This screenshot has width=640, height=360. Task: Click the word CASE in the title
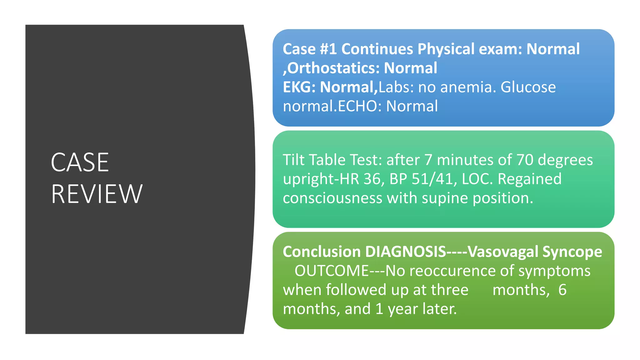tap(80, 162)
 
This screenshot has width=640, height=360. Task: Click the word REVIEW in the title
tap(97, 194)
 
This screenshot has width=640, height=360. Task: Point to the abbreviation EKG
tap(297, 87)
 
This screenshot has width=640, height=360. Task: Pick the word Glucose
tap(528, 87)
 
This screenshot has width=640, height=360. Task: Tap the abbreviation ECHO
tap(357, 106)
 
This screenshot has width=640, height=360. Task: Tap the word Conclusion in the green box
tap(322, 252)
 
